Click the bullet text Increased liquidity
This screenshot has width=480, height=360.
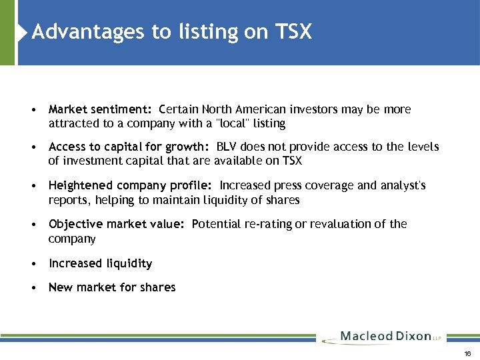(100, 263)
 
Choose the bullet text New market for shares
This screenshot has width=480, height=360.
(112, 287)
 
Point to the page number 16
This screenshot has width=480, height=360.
(467, 353)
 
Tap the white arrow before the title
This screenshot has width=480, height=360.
(24, 32)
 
